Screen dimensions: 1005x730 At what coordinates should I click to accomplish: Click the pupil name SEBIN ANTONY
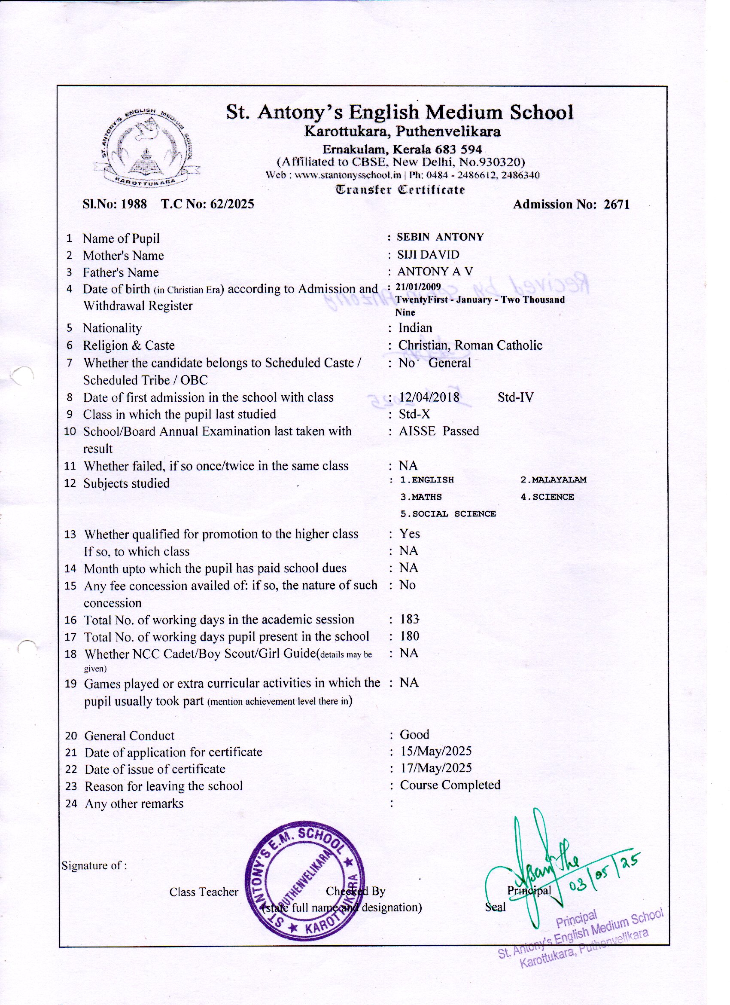tap(440, 237)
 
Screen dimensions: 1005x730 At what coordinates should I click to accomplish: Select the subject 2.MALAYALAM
tap(553, 480)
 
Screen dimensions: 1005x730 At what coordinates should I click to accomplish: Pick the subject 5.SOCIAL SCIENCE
tap(448, 514)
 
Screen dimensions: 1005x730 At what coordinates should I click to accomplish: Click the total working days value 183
tap(409, 619)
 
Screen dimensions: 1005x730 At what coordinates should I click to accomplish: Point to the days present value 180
tap(409, 636)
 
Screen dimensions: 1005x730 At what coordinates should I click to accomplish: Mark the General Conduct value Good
tap(414, 735)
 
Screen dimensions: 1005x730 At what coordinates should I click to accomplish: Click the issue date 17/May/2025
tap(436, 768)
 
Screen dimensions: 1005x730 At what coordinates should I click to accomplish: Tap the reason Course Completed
tap(450, 785)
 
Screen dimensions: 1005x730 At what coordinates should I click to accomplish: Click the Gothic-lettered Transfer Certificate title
tap(400, 190)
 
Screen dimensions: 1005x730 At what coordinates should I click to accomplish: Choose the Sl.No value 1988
tap(134, 204)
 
